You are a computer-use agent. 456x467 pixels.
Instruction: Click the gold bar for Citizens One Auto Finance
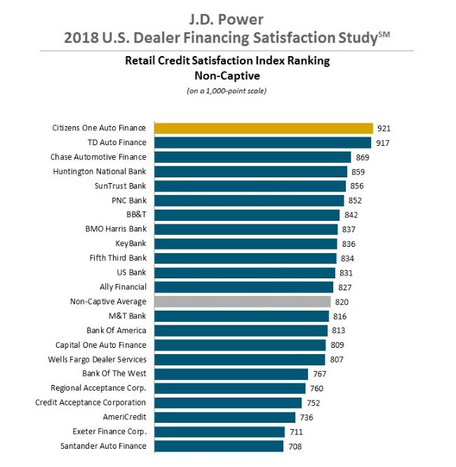(263, 128)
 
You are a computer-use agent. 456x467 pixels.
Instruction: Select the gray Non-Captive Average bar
(242, 302)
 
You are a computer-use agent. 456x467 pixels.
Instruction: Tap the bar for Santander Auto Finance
(219, 446)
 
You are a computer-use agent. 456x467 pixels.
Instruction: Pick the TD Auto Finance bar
(262, 142)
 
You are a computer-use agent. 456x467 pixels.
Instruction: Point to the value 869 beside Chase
(363, 157)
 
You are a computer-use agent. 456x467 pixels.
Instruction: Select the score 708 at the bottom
(295, 446)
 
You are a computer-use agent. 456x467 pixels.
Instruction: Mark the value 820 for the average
(342, 302)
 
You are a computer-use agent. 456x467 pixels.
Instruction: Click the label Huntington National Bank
(100, 171)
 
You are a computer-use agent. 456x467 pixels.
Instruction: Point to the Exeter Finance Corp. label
(109, 431)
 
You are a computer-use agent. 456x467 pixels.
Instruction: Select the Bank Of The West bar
(231, 374)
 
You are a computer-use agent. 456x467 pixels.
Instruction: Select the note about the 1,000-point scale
(227, 91)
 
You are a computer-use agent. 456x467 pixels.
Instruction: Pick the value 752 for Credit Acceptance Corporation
(312, 402)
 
